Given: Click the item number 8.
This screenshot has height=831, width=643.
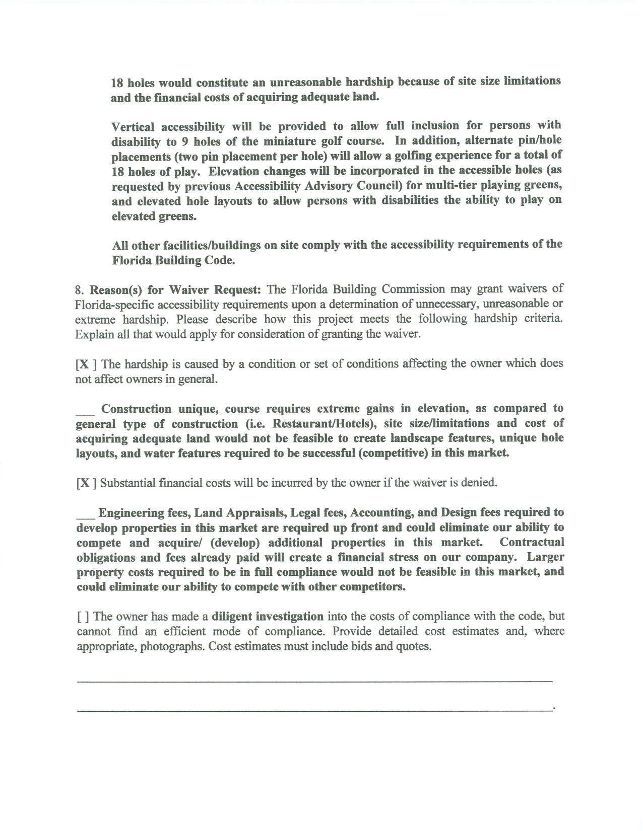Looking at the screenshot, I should click(78, 290).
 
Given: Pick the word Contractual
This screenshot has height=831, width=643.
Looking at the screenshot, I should click(532, 543).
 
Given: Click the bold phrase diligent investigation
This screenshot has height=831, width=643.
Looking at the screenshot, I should click(268, 617).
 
